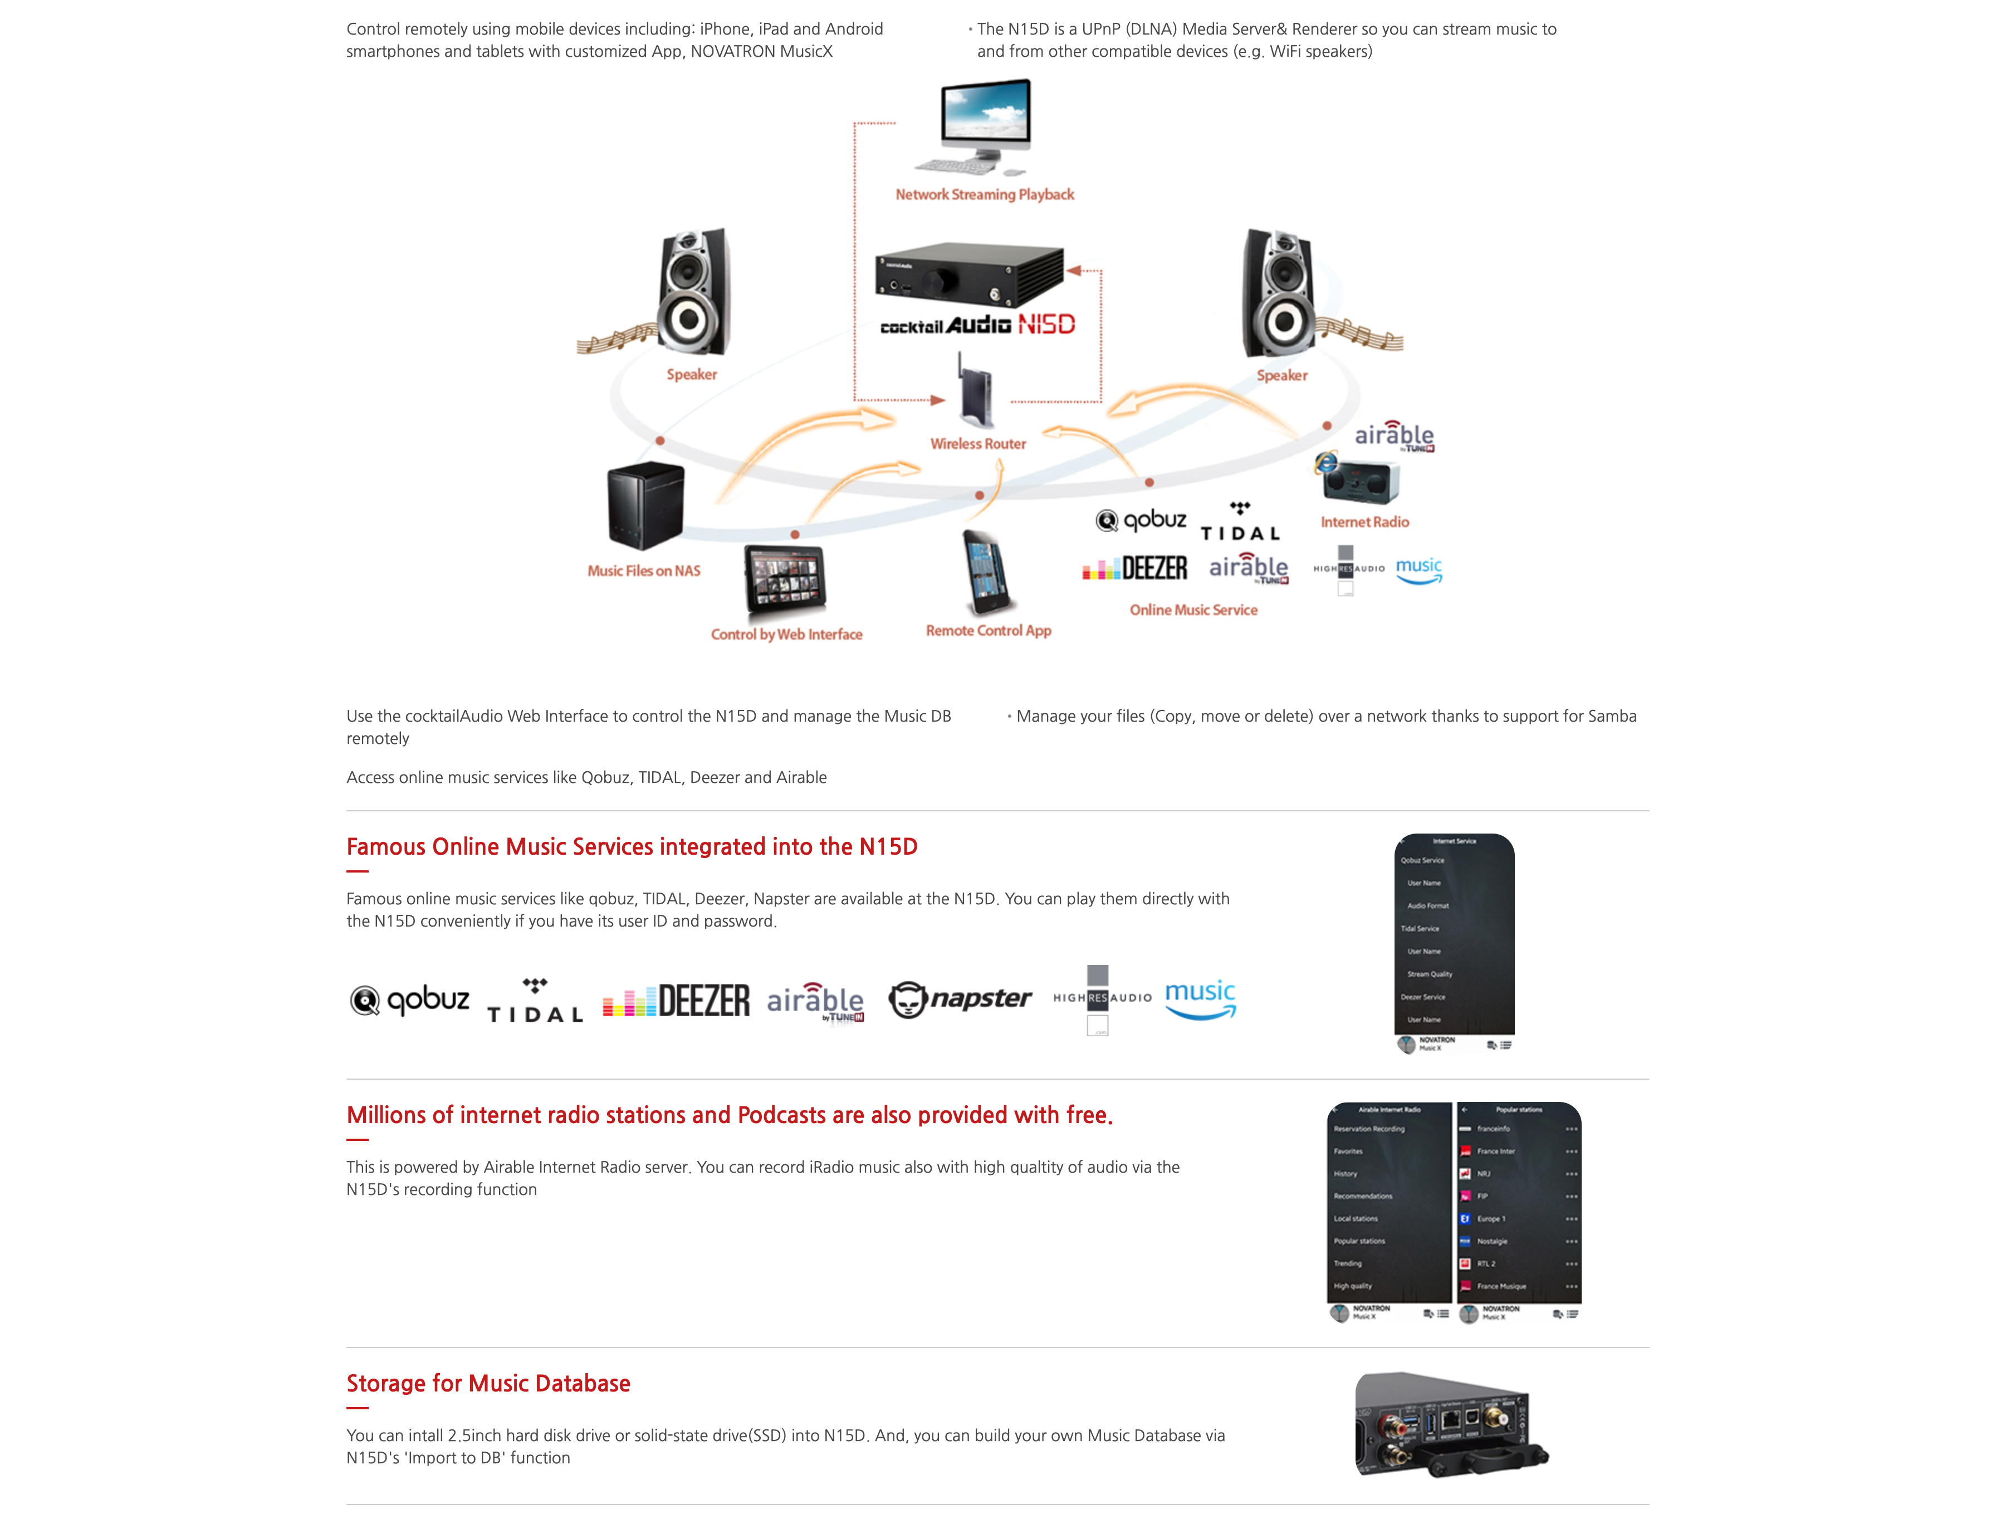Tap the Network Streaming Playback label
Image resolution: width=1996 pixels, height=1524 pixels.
point(985,194)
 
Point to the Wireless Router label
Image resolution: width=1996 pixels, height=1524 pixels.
point(978,444)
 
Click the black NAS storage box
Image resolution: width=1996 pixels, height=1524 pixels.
point(645,505)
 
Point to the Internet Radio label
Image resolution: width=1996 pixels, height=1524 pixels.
point(1364,522)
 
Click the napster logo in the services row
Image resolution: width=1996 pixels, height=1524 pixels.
point(960,999)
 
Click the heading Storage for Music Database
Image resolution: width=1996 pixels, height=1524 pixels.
point(488,1383)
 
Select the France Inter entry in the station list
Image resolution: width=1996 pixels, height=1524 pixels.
point(1496,1151)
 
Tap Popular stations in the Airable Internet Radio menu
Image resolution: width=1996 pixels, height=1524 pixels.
point(1359,1241)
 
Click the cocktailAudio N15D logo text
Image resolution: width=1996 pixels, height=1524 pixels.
point(977,325)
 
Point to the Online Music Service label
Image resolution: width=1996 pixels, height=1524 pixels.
point(1193,610)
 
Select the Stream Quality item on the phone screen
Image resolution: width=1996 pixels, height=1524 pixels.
point(1429,974)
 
